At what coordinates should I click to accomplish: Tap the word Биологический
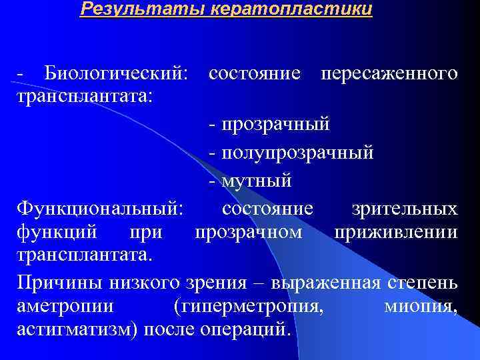click(x=117, y=73)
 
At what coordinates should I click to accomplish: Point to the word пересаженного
click(x=389, y=73)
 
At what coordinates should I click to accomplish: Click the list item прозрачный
click(x=277, y=124)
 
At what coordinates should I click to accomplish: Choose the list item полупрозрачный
click(x=298, y=152)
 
